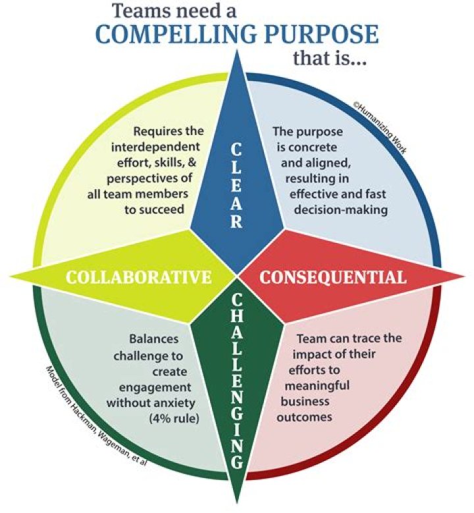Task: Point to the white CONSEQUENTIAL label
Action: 332,277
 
